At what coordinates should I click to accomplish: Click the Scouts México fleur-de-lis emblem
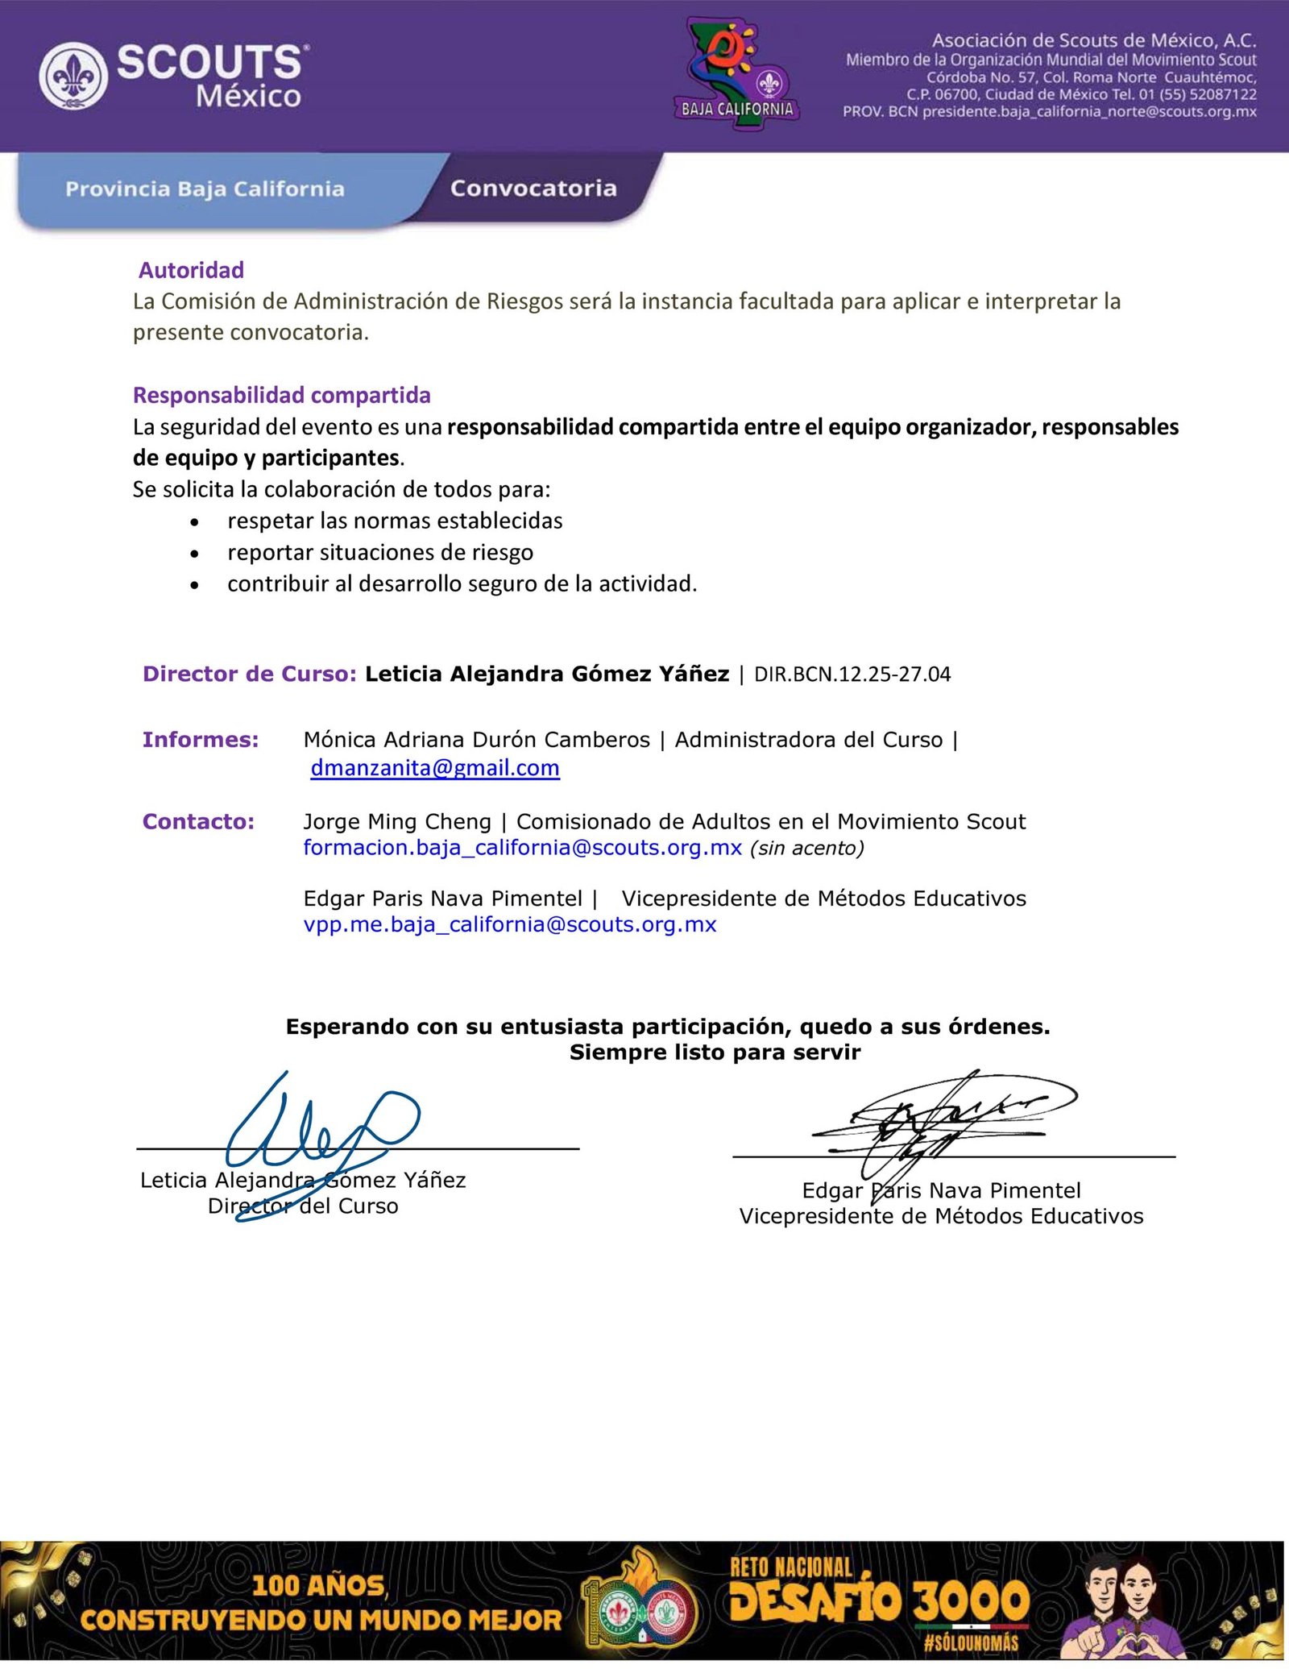[x=73, y=77]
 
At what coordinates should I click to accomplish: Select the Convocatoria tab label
[x=533, y=189]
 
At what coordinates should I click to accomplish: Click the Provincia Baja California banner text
[x=205, y=189]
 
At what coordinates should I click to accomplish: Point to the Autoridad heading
[x=192, y=270]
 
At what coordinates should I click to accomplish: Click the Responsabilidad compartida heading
[x=282, y=395]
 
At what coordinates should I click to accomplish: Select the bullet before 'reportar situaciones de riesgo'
[x=194, y=554]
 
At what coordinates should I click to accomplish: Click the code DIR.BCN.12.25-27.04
[x=852, y=675]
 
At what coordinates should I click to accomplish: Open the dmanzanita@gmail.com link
[x=435, y=768]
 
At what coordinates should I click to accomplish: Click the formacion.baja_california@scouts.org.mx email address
[x=522, y=848]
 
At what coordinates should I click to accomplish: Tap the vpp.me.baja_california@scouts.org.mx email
[x=510, y=924]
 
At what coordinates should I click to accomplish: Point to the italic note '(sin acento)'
[x=806, y=849]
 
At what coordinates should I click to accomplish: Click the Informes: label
[x=201, y=740]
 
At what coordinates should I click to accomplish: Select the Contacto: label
[x=198, y=822]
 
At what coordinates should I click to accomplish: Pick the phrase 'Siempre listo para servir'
[x=715, y=1052]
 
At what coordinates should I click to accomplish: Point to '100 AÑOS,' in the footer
[x=320, y=1586]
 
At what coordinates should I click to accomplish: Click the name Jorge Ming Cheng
[x=397, y=822]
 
